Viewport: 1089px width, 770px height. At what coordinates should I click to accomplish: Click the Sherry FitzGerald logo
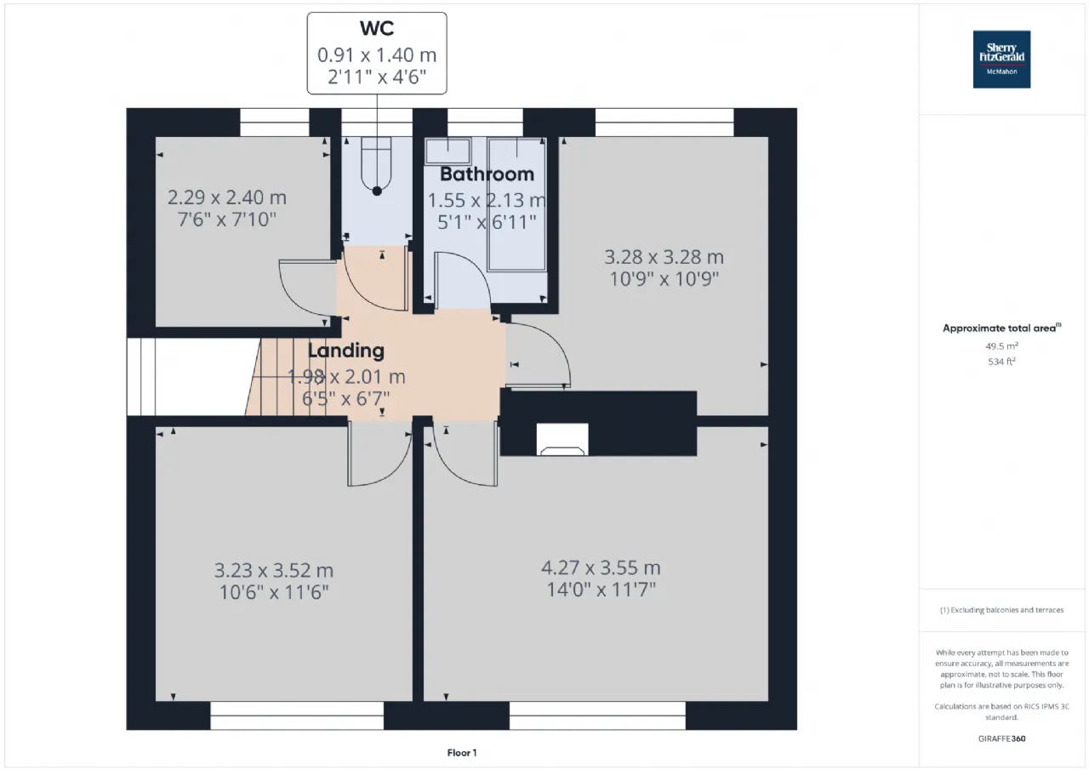(x=1001, y=60)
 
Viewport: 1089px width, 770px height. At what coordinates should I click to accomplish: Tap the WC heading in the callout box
(x=377, y=28)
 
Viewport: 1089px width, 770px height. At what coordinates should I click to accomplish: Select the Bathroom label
(x=487, y=174)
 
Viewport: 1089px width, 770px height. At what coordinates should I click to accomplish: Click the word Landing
(x=346, y=351)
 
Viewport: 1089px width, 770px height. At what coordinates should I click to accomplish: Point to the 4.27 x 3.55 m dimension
(x=601, y=568)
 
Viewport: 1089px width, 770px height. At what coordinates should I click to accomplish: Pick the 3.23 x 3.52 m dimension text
(x=274, y=570)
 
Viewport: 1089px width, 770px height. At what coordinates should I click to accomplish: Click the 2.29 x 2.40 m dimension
(x=227, y=197)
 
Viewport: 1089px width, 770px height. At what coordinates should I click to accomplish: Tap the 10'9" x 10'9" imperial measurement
(x=664, y=279)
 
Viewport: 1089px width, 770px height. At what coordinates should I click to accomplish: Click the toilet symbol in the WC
(x=376, y=165)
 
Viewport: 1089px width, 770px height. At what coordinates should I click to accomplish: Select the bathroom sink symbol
(x=448, y=151)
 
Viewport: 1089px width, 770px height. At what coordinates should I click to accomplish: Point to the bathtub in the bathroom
(x=516, y=204)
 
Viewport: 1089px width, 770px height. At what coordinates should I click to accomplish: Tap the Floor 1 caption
(x=462, y=752)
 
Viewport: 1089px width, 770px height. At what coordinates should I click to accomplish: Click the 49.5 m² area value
(x=1001, y=346)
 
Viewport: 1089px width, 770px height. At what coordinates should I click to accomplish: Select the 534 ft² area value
(x=1001, y=362)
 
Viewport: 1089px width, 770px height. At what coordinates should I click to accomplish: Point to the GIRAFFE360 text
(x=1001, y=739)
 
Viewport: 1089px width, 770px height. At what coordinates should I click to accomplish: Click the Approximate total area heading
(x=1001, y=328)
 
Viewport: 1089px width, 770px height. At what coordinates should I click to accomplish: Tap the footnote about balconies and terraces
(x=1001, y=609)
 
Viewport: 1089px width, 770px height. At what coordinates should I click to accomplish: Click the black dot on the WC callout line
(x=377, y=191)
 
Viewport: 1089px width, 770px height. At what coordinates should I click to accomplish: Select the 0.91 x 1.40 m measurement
(x=377, y=55)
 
